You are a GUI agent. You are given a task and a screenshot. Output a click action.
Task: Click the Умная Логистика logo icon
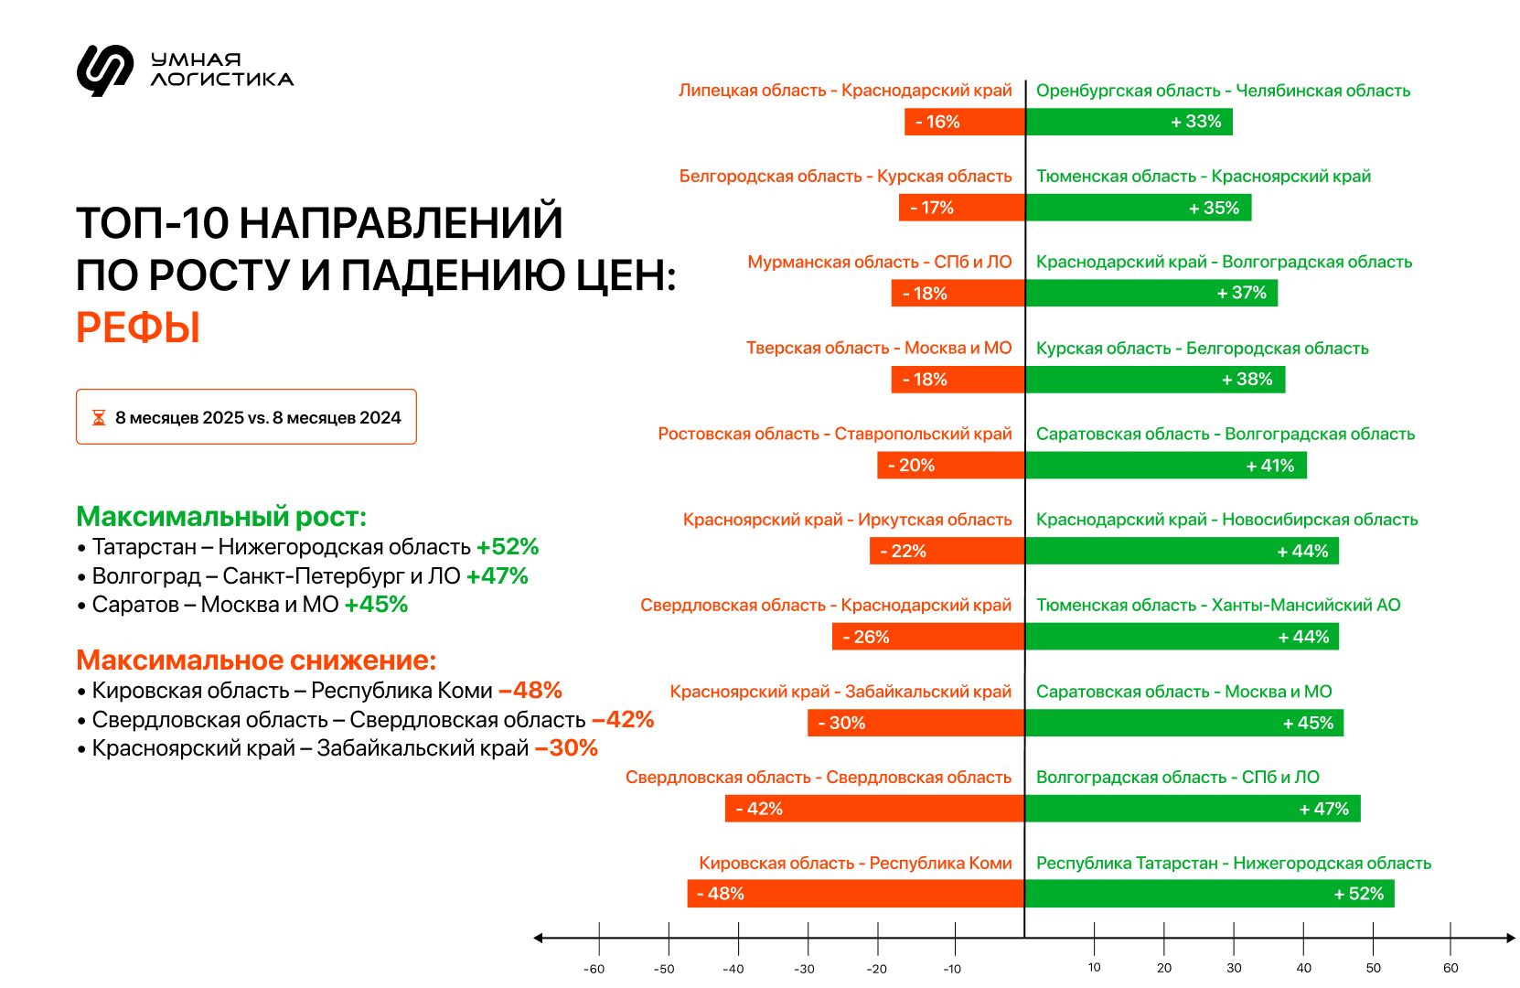[104, 70]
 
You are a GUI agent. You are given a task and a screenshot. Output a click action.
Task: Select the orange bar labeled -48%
[855, 894]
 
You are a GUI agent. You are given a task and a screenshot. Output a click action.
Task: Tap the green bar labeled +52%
[1209, 894]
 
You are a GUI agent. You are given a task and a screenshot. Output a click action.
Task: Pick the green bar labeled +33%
[1129, 122]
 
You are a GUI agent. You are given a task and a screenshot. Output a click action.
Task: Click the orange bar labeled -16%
[964, 122]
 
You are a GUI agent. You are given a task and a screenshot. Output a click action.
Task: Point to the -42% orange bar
[874, 809]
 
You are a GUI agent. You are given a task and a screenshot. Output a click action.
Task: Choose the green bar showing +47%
[1193, 809]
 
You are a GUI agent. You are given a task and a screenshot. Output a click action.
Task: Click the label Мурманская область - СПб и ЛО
[879, 263]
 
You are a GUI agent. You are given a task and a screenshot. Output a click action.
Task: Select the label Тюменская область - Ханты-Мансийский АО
[1218, 606]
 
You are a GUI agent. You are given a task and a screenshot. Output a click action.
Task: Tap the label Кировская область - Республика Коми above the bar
[855, 864]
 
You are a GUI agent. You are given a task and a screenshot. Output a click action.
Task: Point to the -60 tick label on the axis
[594, 969]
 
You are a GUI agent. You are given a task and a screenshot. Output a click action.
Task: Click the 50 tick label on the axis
[1374, 968]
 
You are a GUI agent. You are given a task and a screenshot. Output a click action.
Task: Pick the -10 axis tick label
[952, 969]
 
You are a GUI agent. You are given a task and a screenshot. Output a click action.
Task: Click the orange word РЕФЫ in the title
[138, 328]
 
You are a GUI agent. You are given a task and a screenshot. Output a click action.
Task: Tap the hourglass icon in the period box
[99, 418]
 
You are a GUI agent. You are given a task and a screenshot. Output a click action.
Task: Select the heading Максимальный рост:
[221, 517]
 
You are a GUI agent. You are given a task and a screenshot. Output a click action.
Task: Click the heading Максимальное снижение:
[256, 660]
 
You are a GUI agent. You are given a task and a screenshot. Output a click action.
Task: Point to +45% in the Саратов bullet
[376, 605]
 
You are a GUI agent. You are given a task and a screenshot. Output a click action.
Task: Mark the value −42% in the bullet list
[623, 720]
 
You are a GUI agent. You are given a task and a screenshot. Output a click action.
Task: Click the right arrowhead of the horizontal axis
[1510, 938]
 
